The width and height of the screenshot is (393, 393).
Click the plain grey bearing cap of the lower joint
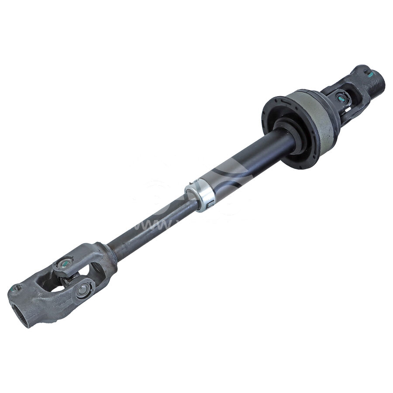86,290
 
